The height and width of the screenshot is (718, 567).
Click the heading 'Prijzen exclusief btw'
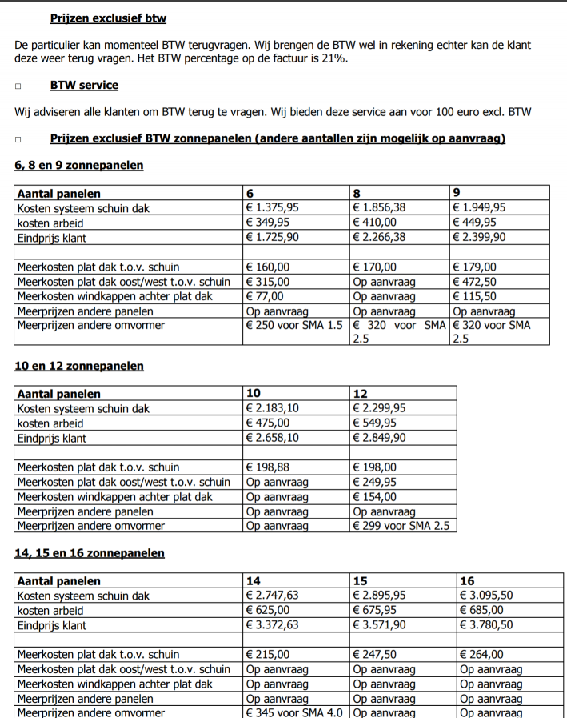coord(108,18)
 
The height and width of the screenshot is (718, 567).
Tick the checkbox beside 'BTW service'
coord(18,86)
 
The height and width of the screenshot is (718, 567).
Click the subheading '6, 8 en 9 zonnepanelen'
coord(79,166)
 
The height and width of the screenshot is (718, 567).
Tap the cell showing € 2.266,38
coord(379,238)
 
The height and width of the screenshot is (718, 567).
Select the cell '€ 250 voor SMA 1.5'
coord(294,326)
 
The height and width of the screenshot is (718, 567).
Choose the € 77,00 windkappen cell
coord(266,296)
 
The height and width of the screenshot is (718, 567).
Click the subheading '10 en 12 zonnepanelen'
coord(79,367)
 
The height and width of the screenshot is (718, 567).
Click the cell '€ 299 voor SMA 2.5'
coord(402,526)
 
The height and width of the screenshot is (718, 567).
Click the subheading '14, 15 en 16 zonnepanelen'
coord(89,553)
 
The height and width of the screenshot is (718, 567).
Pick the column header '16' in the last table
coord(467,581)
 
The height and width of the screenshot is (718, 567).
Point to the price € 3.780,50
coord(487,625)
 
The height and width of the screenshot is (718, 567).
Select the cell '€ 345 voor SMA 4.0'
coord(294,712)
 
